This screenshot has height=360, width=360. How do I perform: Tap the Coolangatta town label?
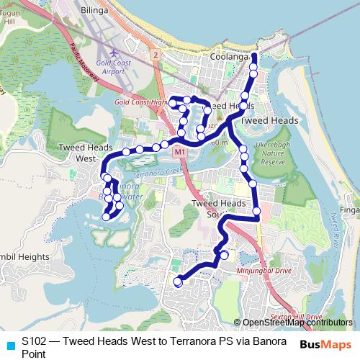click(x=229, y=56)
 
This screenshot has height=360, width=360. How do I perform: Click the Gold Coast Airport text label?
click(x=116, y=67)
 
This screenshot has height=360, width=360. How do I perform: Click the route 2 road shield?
click(x=155, y=55)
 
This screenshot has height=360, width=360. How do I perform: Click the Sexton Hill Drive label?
click(x=296, y=317)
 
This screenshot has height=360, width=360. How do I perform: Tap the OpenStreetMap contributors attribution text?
click(x=297, y=323)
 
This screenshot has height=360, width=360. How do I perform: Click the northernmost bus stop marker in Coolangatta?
click(x=253, y=56)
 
